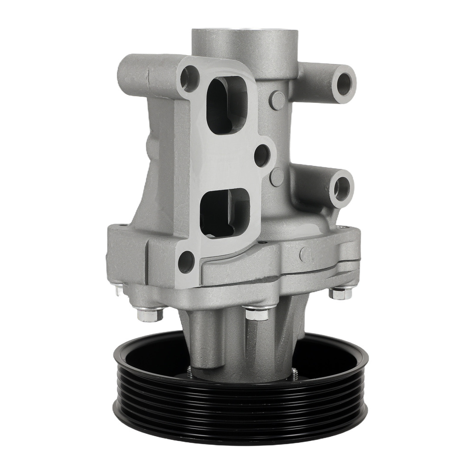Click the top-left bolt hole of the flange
pyautogui.click(x=190, y=79)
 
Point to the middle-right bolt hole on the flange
pyautogui.click(x=262, y=155)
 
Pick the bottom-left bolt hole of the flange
pyautogui.click(x=186, y=262)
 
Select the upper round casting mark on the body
pyautogui.click(x=277, y=100)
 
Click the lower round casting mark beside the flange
pyautogui.click(x=277, y=177)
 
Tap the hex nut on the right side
pyautogui.click(x=340, y=292)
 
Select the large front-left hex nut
pyautogui.click(x=150, y=314)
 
